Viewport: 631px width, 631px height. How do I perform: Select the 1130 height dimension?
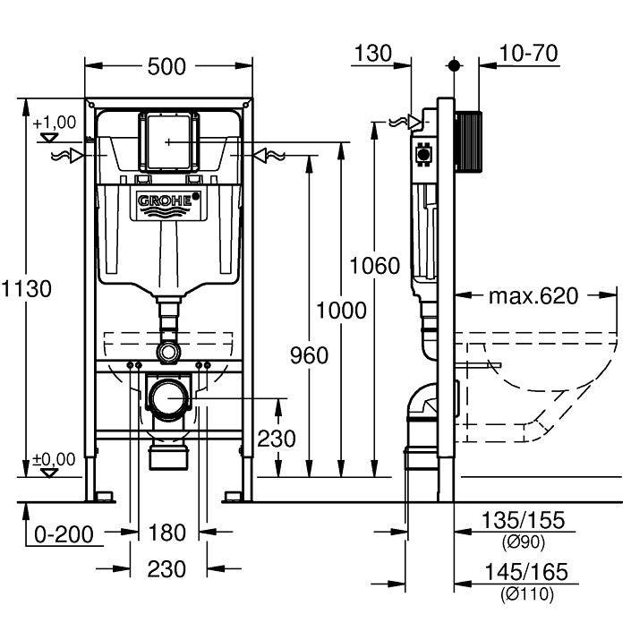26,288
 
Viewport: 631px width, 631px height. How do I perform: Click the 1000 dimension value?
340,311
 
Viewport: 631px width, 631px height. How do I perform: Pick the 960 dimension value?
310,354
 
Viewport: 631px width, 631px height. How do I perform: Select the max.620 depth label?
534,295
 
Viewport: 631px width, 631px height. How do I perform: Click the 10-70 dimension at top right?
528,53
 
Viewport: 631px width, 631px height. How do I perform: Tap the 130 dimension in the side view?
372,53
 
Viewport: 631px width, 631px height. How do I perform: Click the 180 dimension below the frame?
167,533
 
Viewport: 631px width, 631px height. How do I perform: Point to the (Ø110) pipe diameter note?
524,593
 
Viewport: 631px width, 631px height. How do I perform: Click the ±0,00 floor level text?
54,459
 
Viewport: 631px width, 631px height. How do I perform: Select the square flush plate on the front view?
167,141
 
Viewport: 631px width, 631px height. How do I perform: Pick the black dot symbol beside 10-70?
454,65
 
